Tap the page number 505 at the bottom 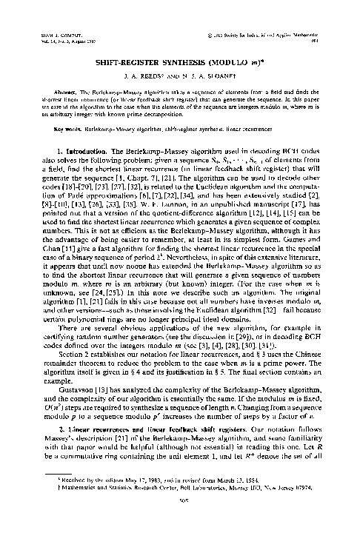coord(180,517)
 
